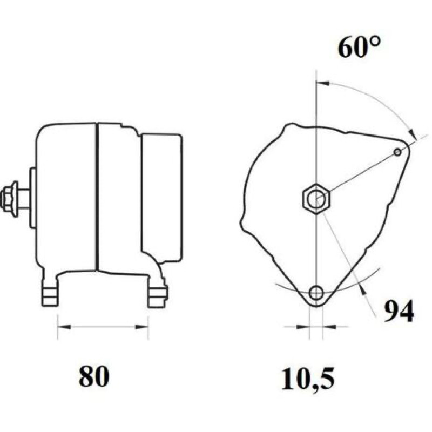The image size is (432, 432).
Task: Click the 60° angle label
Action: (x=359, y=47)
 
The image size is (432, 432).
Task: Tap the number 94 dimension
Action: (x=399, y=312)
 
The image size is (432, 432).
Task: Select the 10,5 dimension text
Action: (x=308, y=379)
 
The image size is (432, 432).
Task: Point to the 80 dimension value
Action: (x=94, y=376)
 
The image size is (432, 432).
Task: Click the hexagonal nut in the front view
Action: (x=316, y=198)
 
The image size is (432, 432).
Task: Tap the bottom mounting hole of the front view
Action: (x=316, y=293)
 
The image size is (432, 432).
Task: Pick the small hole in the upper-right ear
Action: (x=397, y=152)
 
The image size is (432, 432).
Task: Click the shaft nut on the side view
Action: (x=9, y=197)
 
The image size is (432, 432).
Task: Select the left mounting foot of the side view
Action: (x=50, y=293)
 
